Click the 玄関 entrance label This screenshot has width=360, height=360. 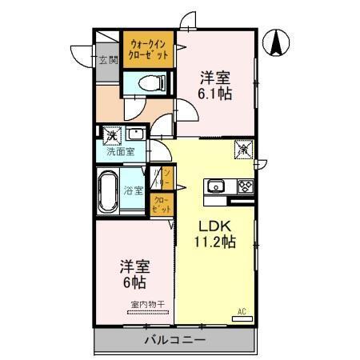pos(108,58)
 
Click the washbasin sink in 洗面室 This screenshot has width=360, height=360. pos(136,134)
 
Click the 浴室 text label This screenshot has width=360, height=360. pos(133,190)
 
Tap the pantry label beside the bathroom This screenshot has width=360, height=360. pos(168,176)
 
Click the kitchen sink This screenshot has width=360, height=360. pos(216,187)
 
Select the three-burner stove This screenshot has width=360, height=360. pos(245,187)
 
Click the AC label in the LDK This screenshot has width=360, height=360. pos(241,311)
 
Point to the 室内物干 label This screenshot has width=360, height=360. pos(148,305)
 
